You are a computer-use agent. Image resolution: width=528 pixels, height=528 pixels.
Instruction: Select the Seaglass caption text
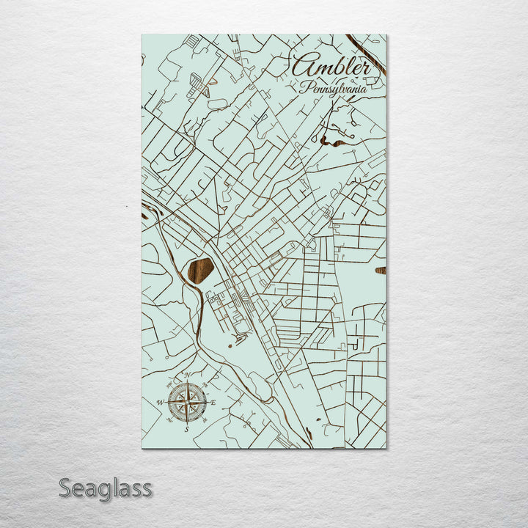pos(105,488)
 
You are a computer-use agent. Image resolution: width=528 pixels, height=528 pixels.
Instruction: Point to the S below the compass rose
pos(186,429)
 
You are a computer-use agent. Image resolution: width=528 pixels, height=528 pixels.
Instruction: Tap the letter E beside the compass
pos(213,403)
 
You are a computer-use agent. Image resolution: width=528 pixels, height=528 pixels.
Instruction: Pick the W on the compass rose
pos(160,403)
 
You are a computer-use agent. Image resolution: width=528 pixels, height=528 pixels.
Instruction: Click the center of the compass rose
pos(186,403)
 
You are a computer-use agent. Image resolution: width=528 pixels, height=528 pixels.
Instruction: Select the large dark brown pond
pos(200,270)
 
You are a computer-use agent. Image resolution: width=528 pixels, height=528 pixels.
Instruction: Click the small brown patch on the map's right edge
pos(381,271)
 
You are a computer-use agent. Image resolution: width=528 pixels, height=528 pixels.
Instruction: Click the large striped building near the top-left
pos(199,86)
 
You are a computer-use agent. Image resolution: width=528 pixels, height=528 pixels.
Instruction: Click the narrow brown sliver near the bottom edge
pos(309,433)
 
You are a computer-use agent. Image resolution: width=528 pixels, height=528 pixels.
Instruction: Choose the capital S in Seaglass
pos(67,488)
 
